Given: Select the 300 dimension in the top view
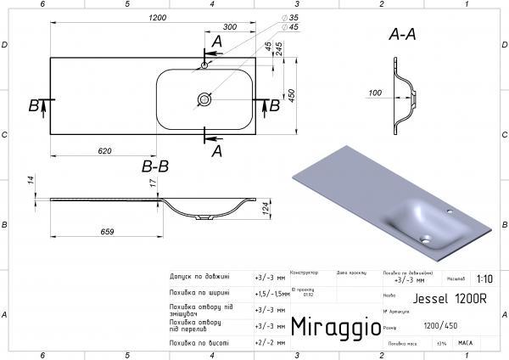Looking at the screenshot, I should tap(230, 28).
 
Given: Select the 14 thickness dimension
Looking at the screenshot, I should tap(30, 179).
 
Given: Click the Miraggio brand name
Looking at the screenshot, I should tap(330, 327).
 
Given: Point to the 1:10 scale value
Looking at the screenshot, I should tap(484, 278).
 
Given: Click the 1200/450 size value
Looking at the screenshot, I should tap(442, 325).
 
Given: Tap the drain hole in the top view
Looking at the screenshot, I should tap(205, 99).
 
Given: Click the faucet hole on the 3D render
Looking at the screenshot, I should tap(450, 212).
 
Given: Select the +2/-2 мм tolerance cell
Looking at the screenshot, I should tap(270, 343).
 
